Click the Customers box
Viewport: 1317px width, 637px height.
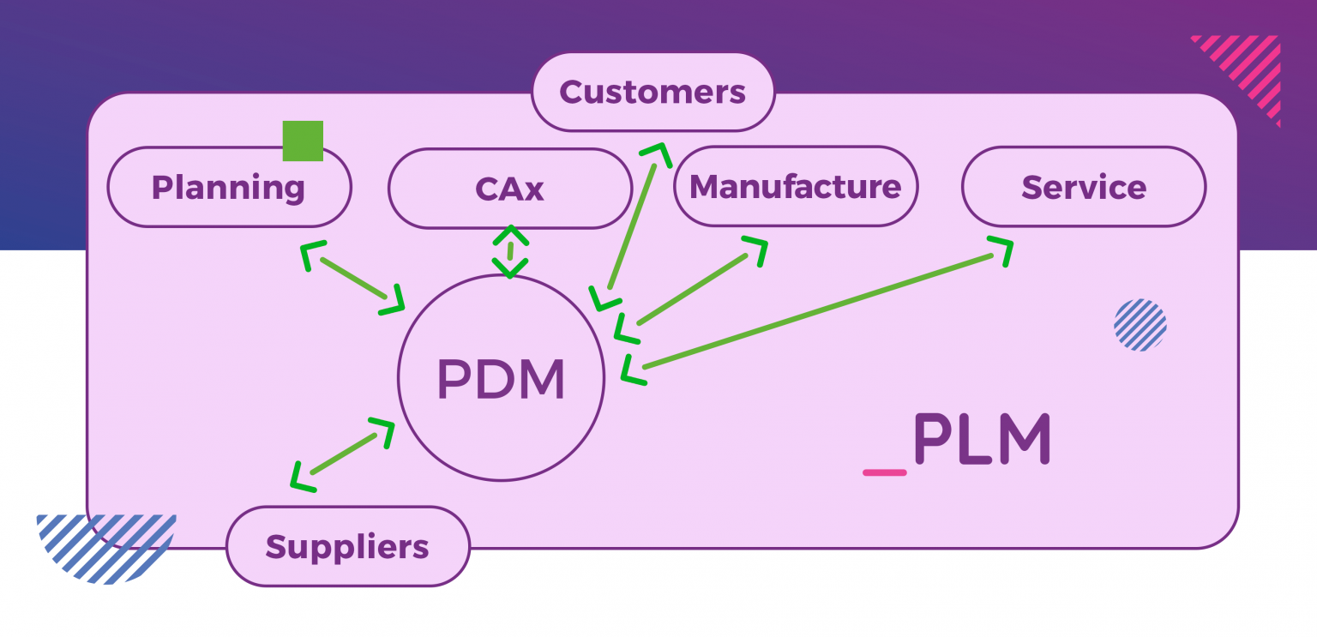pyautogui.click(x=652, y=92)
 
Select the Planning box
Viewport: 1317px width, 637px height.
pyautogui.click(x=228, y=187)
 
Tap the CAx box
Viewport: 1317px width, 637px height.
pyautogui.click(x=509, y=189)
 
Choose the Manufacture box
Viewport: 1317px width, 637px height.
pyautogui.click(x=795, y=186)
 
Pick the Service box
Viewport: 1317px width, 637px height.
pyautogui.click(x=1083, y=187)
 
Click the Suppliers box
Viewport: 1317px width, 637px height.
pyautogui.click(x=347, y=546)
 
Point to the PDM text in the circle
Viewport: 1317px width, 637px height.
pyautogui.click(x=501, y=380)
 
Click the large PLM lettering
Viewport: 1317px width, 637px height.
pyautogui.click(x=982, y=439)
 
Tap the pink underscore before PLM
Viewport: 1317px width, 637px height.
pyautogui.click(x=884, y=472)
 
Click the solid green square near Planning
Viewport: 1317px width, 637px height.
pyautogui.click(x=303, y=141)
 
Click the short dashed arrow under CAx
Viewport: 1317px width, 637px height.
pyautogui.click(x=510, y=251)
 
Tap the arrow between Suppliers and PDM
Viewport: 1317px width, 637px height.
pyautogui.click(x=343, y=454)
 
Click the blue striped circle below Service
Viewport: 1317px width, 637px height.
pyautogui.click(x=1140, y=325)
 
